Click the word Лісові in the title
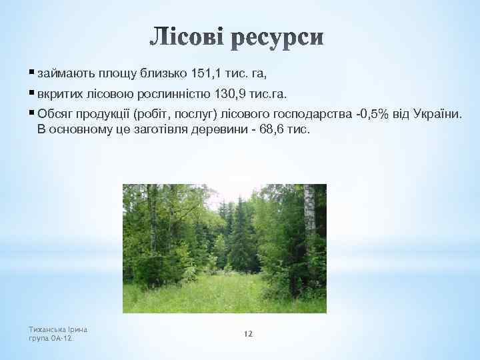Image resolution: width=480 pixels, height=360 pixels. click(x=189, y=38)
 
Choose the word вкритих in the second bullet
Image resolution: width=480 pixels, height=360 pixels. click(x=59, y=93)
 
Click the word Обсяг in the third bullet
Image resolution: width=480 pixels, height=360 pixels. click(x=55, y=115)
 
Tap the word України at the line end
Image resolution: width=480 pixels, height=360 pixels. click(x=437, y=115)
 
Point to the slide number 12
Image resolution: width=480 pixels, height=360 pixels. click(x=248, y=333)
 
